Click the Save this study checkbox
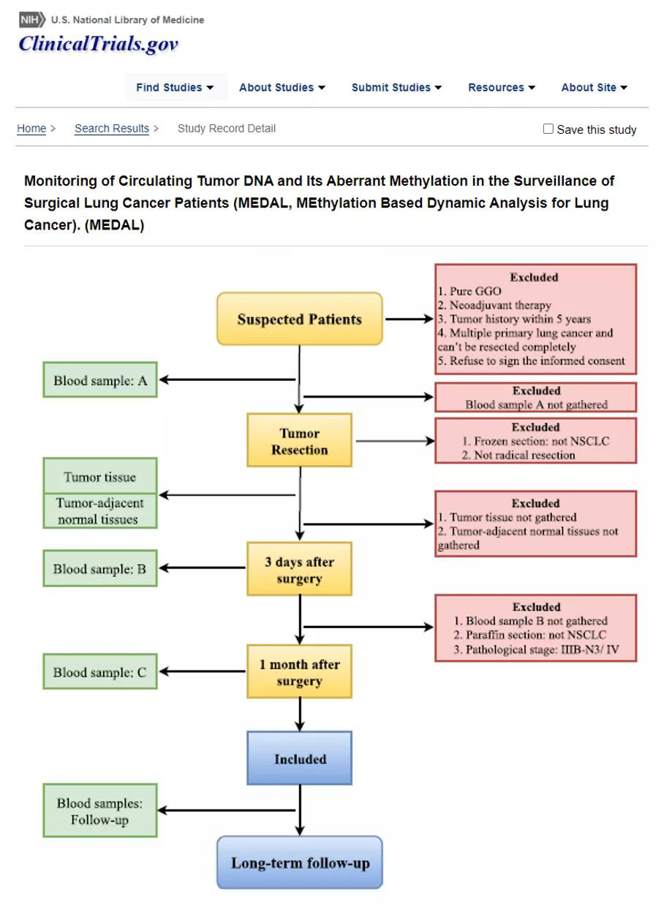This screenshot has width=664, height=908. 548,129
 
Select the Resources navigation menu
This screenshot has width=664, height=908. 502,88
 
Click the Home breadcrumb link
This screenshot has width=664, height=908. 31,129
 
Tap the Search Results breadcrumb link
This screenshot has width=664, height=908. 112,129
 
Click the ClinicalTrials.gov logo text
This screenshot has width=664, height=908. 99,45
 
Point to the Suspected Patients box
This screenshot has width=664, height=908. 300,319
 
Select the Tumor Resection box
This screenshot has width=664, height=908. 300,441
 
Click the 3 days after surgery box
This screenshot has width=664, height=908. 300,570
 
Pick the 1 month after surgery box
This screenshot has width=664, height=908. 300,672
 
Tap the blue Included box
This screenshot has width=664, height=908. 300,759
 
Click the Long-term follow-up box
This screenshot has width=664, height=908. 300,863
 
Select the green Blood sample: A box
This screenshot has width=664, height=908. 100,380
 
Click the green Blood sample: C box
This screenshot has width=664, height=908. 100,673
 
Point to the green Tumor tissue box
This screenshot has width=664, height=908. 100,477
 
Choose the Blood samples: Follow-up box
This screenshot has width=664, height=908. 100,811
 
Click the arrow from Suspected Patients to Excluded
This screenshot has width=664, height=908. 410,319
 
